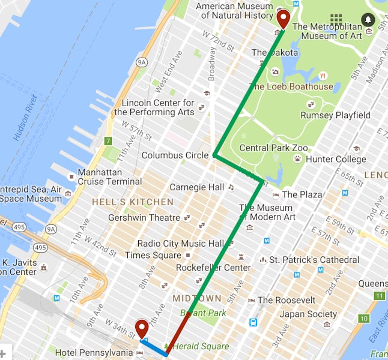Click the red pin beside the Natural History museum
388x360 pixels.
[283, 19]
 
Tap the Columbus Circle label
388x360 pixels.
[175, 155]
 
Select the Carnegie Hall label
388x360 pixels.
[196, 187]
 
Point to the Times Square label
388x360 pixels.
[145, 255]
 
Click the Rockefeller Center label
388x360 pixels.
[213, 268]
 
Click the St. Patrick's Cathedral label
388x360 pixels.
[314, 260]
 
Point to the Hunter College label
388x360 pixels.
[336, 159]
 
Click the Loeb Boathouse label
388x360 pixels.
[291, 86]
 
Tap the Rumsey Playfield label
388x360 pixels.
[335, 115]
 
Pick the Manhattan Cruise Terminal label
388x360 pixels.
[109, 176]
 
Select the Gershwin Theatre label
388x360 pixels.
[144, 218]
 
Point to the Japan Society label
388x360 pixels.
[308, 314]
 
